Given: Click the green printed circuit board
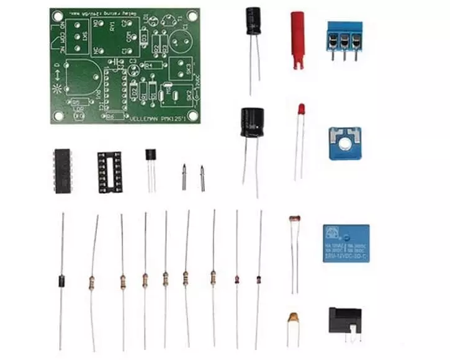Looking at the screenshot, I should (124, 65).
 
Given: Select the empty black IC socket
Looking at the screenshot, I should (109, 169).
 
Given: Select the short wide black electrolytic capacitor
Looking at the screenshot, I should (253, 122).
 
